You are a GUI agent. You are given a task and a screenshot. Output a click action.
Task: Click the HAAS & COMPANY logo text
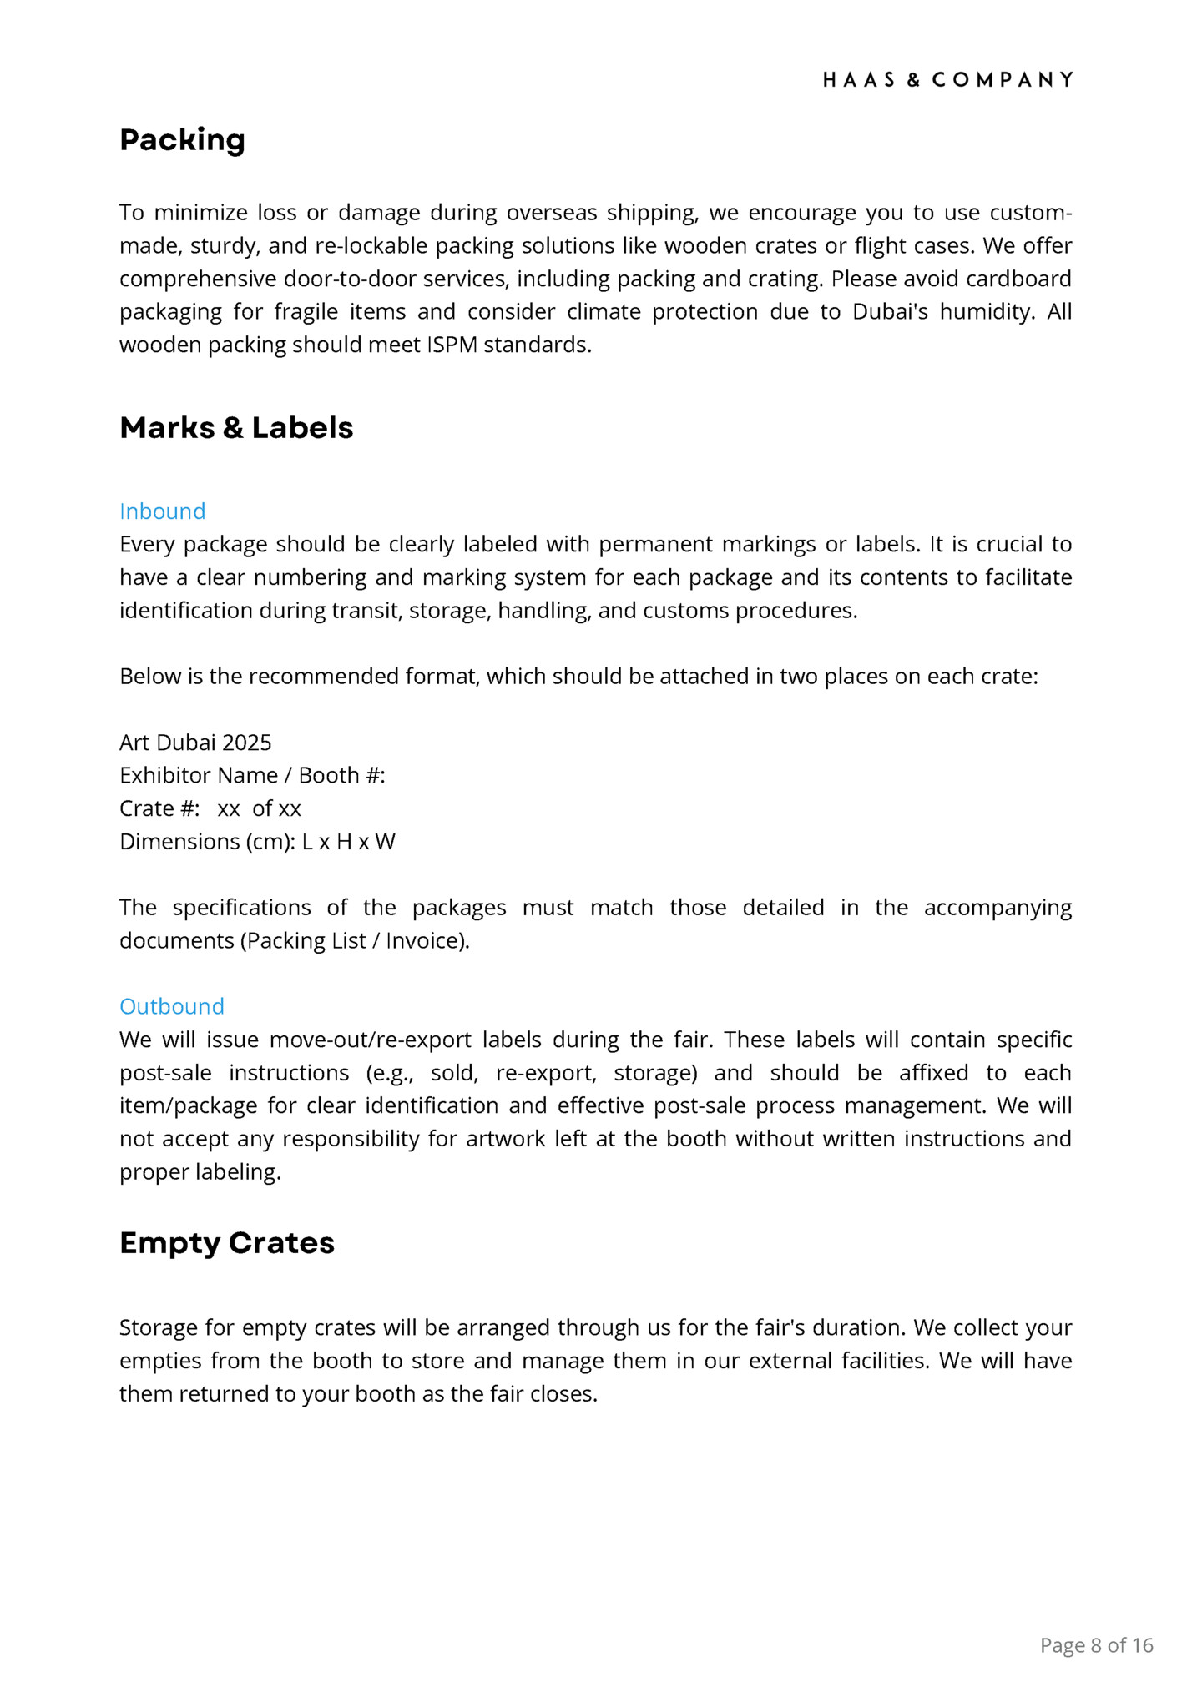(947, 80)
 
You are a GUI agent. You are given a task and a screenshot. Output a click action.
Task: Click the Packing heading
(182, 140)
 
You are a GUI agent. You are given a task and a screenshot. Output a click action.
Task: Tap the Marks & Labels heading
(236, 428)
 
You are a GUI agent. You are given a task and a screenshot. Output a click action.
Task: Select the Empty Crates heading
(227, 1243)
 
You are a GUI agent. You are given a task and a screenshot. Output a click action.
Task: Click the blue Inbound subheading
(162, 511)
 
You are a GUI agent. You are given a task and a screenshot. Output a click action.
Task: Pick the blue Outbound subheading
(172, 1006)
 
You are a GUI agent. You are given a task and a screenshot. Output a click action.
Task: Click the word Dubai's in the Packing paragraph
(890, 312)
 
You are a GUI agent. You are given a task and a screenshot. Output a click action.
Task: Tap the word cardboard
(1018, 279)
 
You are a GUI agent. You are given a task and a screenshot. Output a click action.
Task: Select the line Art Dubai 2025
(195, 743)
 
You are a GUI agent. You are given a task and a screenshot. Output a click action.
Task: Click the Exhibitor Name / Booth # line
(252, 776)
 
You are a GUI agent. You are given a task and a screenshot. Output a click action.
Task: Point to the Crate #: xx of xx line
(210, 808)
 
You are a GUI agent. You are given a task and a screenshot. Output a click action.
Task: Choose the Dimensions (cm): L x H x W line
(257, 842)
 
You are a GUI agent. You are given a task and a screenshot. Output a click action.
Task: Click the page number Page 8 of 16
(1096, 1645)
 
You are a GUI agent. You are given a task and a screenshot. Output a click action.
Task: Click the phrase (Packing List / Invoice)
(355, 941)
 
